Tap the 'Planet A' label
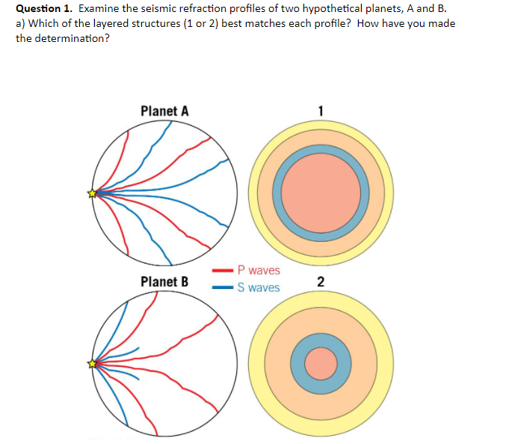pyautogui.click(x=164, y=112)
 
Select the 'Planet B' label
pyautogui.click(x=164, y=282)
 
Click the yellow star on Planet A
pyautogui.click(x=93, y=193)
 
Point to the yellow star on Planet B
pyautogui.click(x=93, y=364)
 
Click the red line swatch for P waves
pyautogui.click(x=222, y=270)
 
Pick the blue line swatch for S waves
pyautogui.click(x=222, y=288)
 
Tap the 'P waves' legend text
pyautogui.click(x=258, y=270)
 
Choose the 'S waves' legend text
pyautogui.click(x=258, y=288)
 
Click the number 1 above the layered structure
pyautogui.click(x=321, y=111)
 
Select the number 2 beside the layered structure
pyautogui.click(x=321, y=282)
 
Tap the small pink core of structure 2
pyautogui.click(x=321, y=364)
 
